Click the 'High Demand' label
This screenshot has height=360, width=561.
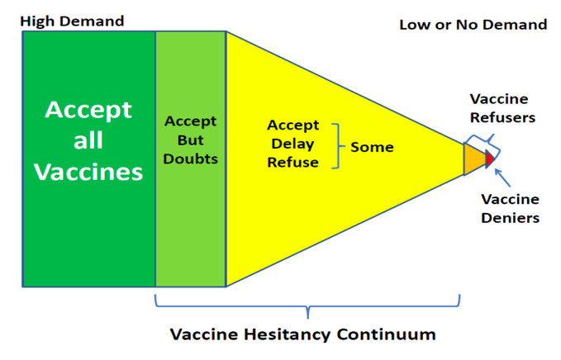(x=72, y=21)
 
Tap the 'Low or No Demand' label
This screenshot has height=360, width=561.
(x=473, y=25)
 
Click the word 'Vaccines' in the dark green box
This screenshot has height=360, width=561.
(x=88, y=172)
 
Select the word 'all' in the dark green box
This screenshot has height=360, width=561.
(x=88, y=140)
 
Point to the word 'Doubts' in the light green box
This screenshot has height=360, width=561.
(x=190, y=159)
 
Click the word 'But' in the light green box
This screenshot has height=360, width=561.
(x=190, y=140)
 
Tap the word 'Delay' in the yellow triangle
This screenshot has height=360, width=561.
(x=292, y=144)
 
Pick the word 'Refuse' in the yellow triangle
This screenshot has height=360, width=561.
(x=292, y=163)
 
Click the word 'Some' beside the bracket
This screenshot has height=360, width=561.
(x=372, y=147)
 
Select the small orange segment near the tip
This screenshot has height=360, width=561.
(x=473, y=159)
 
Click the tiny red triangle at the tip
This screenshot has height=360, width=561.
(x=489, y=159)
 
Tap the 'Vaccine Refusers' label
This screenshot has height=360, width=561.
(x=502, y=108)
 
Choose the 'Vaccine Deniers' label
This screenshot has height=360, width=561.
(x=511, y=208)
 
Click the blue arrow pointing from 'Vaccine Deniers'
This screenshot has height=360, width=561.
(x=502, y=178)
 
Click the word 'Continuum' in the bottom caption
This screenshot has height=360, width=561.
(x=386, y=334)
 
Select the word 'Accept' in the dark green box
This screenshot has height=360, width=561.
(x=88, y=110)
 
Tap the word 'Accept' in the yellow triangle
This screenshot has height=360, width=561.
(x=292, y=126)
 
